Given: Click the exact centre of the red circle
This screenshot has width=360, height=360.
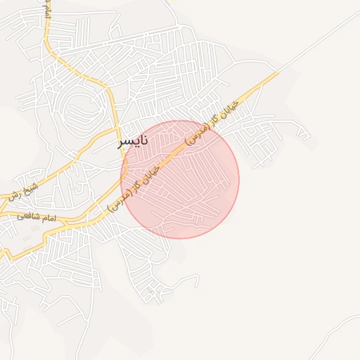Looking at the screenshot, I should point(180,179).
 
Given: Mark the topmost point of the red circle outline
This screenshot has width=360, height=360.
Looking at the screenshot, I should point(180,120).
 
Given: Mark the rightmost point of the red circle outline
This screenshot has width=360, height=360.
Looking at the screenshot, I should point(239,179).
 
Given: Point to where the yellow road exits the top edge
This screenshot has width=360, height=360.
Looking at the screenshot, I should point(46,2).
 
